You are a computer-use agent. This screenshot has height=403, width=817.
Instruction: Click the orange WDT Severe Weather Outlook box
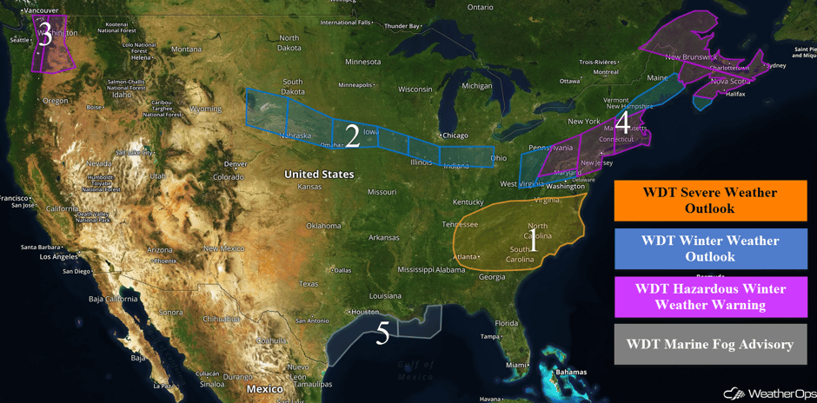click(710, 201)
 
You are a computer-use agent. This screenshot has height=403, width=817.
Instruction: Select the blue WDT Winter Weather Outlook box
click(710, 248)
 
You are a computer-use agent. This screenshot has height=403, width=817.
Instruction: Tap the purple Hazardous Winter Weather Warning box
click(710, 296)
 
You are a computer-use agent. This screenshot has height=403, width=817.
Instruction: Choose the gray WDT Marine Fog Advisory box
click(710, 345)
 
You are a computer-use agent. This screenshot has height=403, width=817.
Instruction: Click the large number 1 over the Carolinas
click(534, 240)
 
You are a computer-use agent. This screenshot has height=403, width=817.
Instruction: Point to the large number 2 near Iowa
click(352, 135)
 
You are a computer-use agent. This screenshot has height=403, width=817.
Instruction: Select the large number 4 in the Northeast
click(622, 123)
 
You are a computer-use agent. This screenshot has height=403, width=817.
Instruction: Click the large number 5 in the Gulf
click(382, 334)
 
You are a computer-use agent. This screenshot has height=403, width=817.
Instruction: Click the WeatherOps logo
click(770, 393)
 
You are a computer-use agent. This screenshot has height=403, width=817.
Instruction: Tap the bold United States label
click(319, 175)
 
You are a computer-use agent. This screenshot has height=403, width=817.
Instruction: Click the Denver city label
click(236, 164)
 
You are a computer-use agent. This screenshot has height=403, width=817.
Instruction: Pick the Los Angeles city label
click(52, 257)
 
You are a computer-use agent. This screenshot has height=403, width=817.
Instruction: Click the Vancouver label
click(41, 10)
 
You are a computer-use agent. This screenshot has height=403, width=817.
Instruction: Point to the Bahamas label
click(571, 373)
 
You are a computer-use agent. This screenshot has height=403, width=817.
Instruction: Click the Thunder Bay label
click(402, 26)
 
